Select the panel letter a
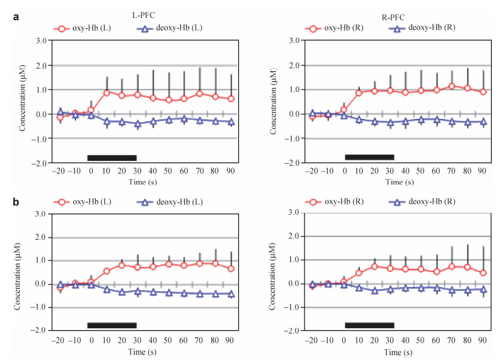coord(16,17)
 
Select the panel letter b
coord(16,202)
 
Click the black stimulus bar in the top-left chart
coord(112,158)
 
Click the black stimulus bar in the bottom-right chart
coord(369,325)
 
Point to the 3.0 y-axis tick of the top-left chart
coord(41,41)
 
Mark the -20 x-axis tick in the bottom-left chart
coord(59,340)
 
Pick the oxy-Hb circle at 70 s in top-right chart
coord(452,86)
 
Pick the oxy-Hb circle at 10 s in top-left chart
coord(107,93)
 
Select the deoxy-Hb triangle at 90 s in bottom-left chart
coord(230,294)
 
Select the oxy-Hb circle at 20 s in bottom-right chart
coord(375,266)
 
